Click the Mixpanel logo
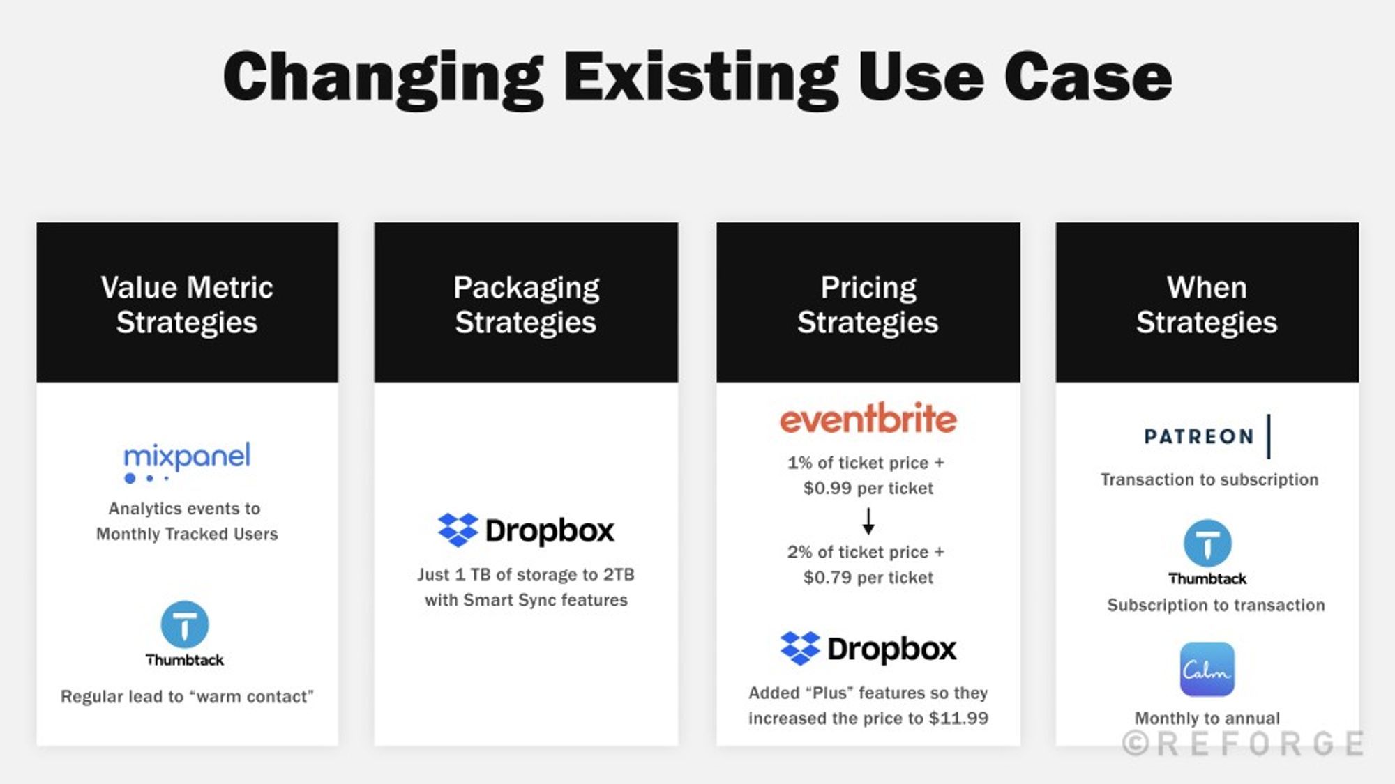tap(186, 460)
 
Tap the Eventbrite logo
tap(868, 419)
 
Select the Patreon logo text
tap(1199, 437)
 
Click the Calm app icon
tap(1207, 669)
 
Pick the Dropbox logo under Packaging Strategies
tap(526, 530)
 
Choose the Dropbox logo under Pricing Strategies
tap(868, 649)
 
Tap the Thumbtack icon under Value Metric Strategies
tap(185, 624)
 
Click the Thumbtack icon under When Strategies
tap(1207, 544)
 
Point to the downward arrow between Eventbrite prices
tap(868, 521)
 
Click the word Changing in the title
tap(383, 78)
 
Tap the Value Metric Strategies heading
tap(187, 305)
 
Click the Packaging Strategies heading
tap(526, 305)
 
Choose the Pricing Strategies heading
tap(868, 305)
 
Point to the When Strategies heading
tap(1207, 305)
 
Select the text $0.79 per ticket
tap(868, 578)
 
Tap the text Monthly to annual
tap(1207, 718)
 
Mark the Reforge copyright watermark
tap(1243, 744)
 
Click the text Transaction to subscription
tap(1209, 480)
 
